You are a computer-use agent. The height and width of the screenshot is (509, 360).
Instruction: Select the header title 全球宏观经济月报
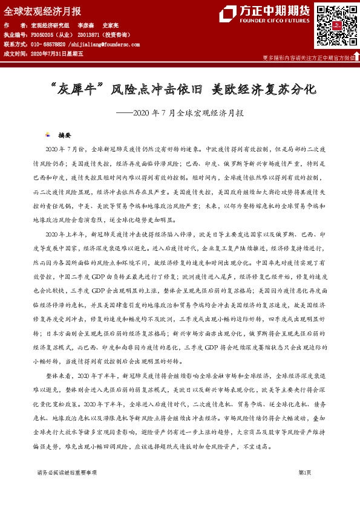pos(42,11)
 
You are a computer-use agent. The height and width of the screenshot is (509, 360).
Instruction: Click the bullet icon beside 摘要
pos(48,135)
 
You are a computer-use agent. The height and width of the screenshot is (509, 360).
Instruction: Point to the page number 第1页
pos(306,473)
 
